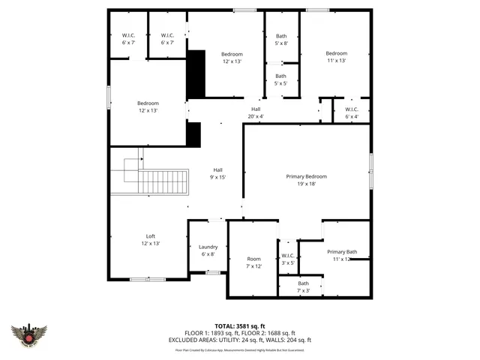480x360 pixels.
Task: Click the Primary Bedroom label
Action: (306, 180)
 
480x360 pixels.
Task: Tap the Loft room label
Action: (150, 239)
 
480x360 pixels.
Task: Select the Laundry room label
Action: (208, 250)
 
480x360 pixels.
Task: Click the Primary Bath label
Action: (341, 255)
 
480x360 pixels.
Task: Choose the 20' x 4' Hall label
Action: (256, 112)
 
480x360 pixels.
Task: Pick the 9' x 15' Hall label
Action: (217, 173)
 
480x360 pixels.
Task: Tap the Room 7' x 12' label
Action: (253, 262)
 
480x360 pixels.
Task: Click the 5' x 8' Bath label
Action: (281, 40)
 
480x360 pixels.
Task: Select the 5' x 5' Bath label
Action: (280, 79)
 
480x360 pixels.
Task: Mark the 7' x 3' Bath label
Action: (303, 286)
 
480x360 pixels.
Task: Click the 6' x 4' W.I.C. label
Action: (352, 112)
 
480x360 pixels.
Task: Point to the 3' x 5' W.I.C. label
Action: (288, 259)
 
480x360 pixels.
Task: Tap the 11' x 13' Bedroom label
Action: (336, 57)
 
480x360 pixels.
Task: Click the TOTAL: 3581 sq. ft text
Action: (240, 326)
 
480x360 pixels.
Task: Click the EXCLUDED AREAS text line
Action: (240, 340)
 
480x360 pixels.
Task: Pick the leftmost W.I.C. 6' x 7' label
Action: (128, 39)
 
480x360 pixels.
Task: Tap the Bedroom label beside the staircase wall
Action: (148, 106)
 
